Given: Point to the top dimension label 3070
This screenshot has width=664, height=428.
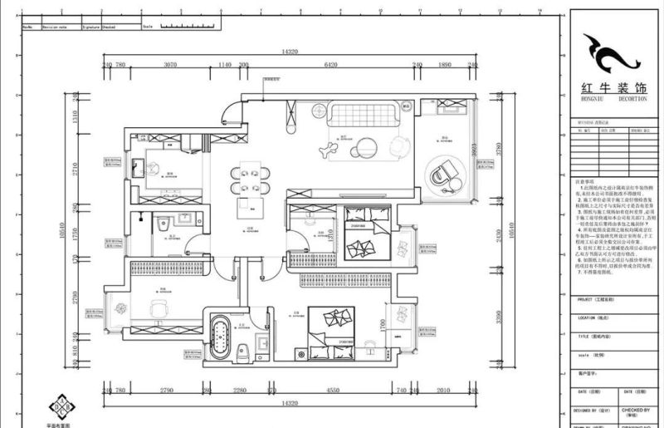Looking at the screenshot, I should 171,64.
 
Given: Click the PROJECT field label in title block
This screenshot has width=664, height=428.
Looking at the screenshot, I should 589,298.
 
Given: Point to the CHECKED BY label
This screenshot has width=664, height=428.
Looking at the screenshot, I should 637,410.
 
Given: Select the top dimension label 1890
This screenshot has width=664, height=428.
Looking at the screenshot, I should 445,64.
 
